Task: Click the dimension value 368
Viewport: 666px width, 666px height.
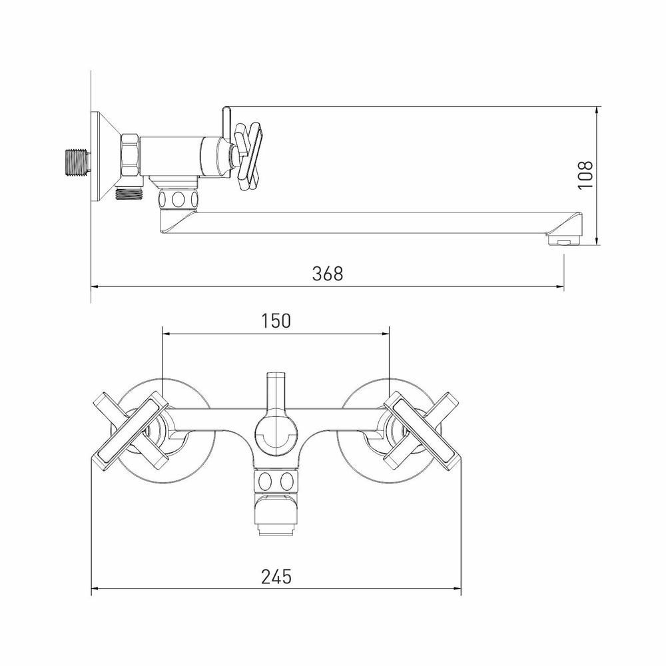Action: coord(328,274)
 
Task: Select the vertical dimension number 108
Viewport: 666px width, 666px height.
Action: coord(585,175)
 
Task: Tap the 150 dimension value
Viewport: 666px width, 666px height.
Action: coord(276,320)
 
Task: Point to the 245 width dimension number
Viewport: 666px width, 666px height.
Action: coord(276,576)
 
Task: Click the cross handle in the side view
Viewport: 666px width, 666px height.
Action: coord(248,154)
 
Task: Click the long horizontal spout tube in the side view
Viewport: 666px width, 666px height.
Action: coord(373,223)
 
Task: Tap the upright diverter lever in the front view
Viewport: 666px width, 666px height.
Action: coord(274,393)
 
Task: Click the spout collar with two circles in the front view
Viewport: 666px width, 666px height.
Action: coord(275,481)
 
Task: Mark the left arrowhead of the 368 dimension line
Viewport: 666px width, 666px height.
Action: coord(95,287)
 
